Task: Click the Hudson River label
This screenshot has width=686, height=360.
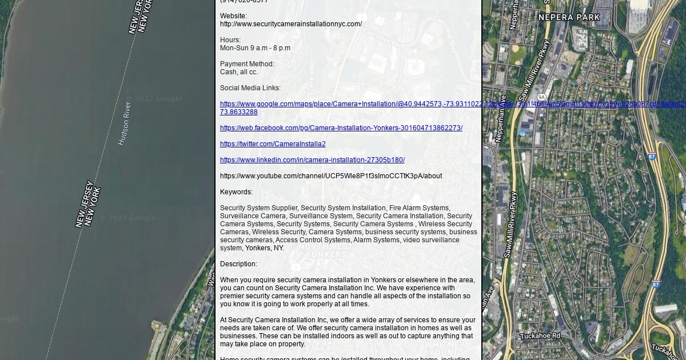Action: tap(125, 123)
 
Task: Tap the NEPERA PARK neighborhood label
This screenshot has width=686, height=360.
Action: tap(569, 18)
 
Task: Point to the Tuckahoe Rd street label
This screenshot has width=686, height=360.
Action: tap(540, 336)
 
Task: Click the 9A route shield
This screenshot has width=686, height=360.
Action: tap(541, 97)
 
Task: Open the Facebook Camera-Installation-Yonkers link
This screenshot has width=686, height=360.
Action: tap(341, 128)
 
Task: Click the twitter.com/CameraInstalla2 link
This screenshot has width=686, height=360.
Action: tap(273, 144)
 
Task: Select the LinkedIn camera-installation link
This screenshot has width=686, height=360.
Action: tap(312, 160)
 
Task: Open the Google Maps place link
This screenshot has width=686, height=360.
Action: tap(343, 104)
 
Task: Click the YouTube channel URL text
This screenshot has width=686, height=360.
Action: tap(330, 176)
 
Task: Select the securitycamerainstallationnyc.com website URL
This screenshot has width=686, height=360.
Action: tap(290, 24)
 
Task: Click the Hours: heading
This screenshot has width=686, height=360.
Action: tap(230, 40)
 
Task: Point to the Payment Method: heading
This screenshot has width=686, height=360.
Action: tap(247, 64)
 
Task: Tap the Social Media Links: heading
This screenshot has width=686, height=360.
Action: tap(250, 88)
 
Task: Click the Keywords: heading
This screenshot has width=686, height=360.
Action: tap(236, 192)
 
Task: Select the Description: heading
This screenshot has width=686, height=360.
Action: tap(238, 264)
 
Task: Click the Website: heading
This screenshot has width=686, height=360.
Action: tap(233, 16)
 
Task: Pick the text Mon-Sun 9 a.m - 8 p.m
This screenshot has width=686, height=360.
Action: tap(255, 48)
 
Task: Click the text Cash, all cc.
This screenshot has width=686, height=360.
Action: tap(239, 72)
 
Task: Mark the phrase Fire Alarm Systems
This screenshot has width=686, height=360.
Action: tap(419, 208)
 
